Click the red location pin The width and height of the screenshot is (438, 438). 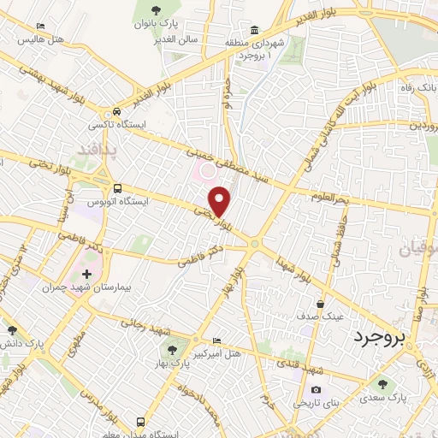pyautogui.click(x=220, y=200)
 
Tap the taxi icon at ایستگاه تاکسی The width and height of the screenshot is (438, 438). pyautogui.click(x=117, y=111)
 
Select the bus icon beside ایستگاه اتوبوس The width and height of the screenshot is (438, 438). pyautogui.click(x=117, y=189)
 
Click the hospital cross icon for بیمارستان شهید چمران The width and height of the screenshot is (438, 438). pyautogui.click(x=86, y=275)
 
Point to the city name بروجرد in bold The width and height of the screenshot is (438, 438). pyautogui.click(x=382, y=337)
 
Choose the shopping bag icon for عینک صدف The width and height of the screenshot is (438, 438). pyautogui.click(x=322, y=303)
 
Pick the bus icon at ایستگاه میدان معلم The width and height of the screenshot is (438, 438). pyautogui.click(x=139, y=422)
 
